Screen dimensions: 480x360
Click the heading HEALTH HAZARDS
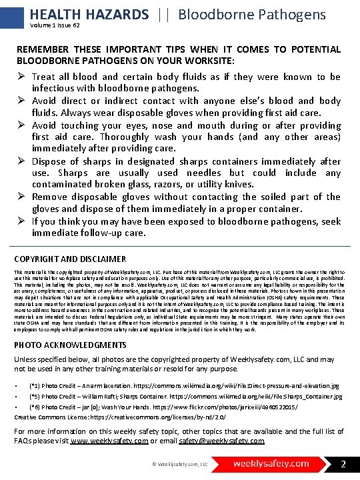click(89, 14)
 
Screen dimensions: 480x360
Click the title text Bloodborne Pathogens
click(252, 14)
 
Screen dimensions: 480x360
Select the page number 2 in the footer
click(343, 463)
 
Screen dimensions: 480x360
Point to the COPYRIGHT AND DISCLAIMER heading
click(70, 259)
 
